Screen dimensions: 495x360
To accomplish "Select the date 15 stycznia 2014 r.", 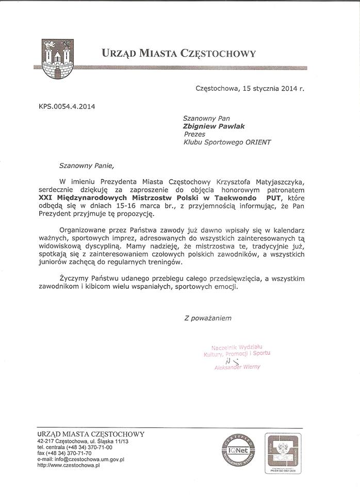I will pyautogui.click(x=272, y=88).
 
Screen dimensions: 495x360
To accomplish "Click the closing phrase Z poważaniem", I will pyautogui.click(x=208, y=318).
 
